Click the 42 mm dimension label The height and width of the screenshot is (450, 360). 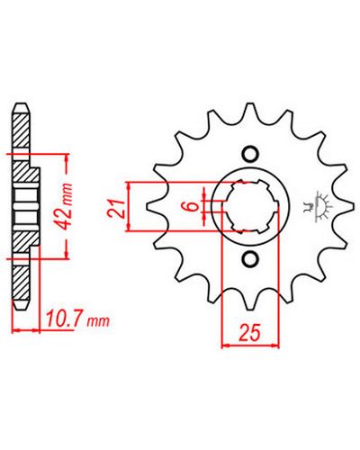pos(66,205)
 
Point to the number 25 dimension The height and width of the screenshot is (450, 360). pos(249,333)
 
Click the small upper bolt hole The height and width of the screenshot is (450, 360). pos(250,155)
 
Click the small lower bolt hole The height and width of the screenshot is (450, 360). pos(250,258)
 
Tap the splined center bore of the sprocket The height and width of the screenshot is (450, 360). pos(251,206)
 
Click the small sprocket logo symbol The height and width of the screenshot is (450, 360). pos(319,206)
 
